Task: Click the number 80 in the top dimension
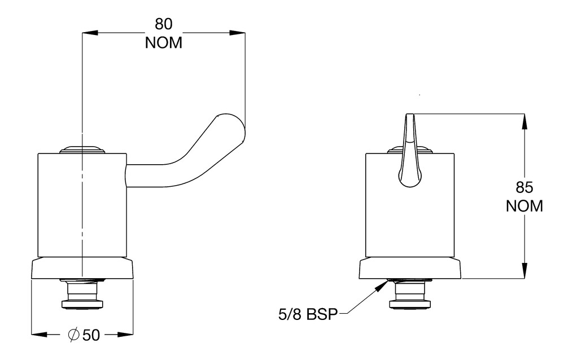click(164, 24)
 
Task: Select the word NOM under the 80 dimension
click(164, 42)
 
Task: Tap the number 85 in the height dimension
click(524, 187)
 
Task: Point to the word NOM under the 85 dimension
click(524, 206)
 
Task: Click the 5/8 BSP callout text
click(308, 314)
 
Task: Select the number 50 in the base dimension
click(91, 335)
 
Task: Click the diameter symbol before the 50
click(74, 335)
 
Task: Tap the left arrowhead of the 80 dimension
click(90, 33)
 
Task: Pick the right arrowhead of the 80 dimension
click(237, 33)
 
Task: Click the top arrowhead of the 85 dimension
click(525, 121)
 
